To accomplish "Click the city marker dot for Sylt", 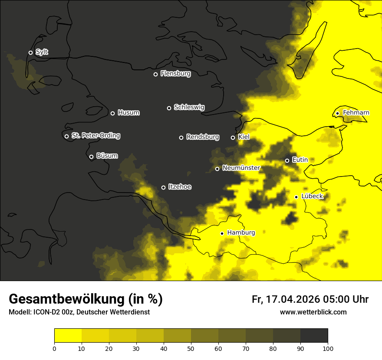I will (x=30, y=52).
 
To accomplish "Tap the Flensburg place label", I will (x=175, y=74).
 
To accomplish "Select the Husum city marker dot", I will (x=112, y=113).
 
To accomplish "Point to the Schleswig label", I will (x=189, y=107).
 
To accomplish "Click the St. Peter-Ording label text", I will (x=95, y=136).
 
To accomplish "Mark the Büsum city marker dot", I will (x=91, y=157).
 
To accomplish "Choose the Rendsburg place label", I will (x=202, y=137).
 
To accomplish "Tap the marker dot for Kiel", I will (x=233, y=137).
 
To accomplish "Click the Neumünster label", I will (x=241, y=168).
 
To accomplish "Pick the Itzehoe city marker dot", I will (x=163, y=187).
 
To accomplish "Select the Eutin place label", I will (x=300, y=160).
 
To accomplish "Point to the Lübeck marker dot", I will (x=296, y=197).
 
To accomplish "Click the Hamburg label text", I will (x=241, y=232).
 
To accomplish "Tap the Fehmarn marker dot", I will (x=337, y=113).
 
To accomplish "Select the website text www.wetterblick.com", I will (x=313, y=312).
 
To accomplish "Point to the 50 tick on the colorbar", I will (x=191, y=348).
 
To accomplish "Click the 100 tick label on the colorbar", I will (x=328, y=348).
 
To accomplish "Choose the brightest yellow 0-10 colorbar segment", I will (x=68, y=336).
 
